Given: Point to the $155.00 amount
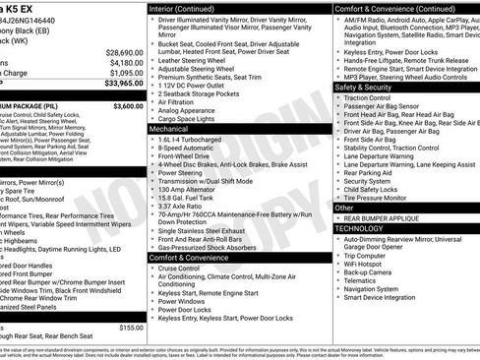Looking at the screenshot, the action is [x=131, y=328].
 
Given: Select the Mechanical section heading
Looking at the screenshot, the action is [x=169, y=129].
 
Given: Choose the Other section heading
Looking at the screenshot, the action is [x=344, y=208].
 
